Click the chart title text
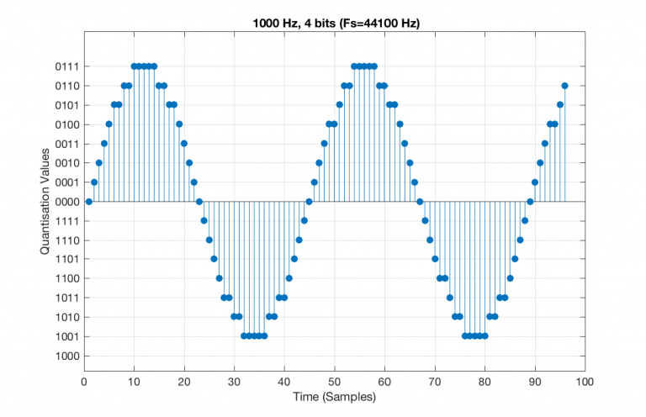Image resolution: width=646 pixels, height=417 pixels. pyautogui.click(x=336, y=23)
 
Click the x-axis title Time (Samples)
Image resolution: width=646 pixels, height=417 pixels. pyautogui.click(x=335, y=396)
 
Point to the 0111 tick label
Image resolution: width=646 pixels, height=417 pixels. pyautogui.click(x=66, y=66)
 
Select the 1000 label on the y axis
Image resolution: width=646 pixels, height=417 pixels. pyautogui.click(x=66, y=356)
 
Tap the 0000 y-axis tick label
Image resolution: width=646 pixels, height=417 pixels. pyautogui.click(x=66, y=202)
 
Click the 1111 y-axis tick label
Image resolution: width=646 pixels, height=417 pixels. pyautogui.click(x=66, y=221)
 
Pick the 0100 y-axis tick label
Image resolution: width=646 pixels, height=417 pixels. pyautogui.click(x=66, y=124)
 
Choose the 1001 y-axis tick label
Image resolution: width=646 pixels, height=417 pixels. pyautogui.click(x=66, y=337)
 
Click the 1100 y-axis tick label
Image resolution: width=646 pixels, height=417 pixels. pyautogui.click(x=66, y=279)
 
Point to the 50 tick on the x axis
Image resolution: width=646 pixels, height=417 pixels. pyautogui.click(x=335, y=381)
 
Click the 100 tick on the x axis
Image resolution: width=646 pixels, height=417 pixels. pyautogui.click(x=585, y=381)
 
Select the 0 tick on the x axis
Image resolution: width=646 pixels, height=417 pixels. pyautogui.click(x=84, y=381)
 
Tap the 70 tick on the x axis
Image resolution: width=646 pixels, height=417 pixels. pyautogui.click(x=435, y=381)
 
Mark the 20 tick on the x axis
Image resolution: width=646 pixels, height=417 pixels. pyautogui.click(x=184, y=381)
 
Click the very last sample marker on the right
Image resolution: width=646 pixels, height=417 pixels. pyautogui.click(x=564, y=86)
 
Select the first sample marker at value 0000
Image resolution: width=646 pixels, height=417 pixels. pyautogui.click(x=89, y=202)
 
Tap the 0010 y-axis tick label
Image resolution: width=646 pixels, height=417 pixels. pyautogui.click(x=66, y=163)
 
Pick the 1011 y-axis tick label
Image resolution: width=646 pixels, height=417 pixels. pyautogui.click(x=66, y=298)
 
